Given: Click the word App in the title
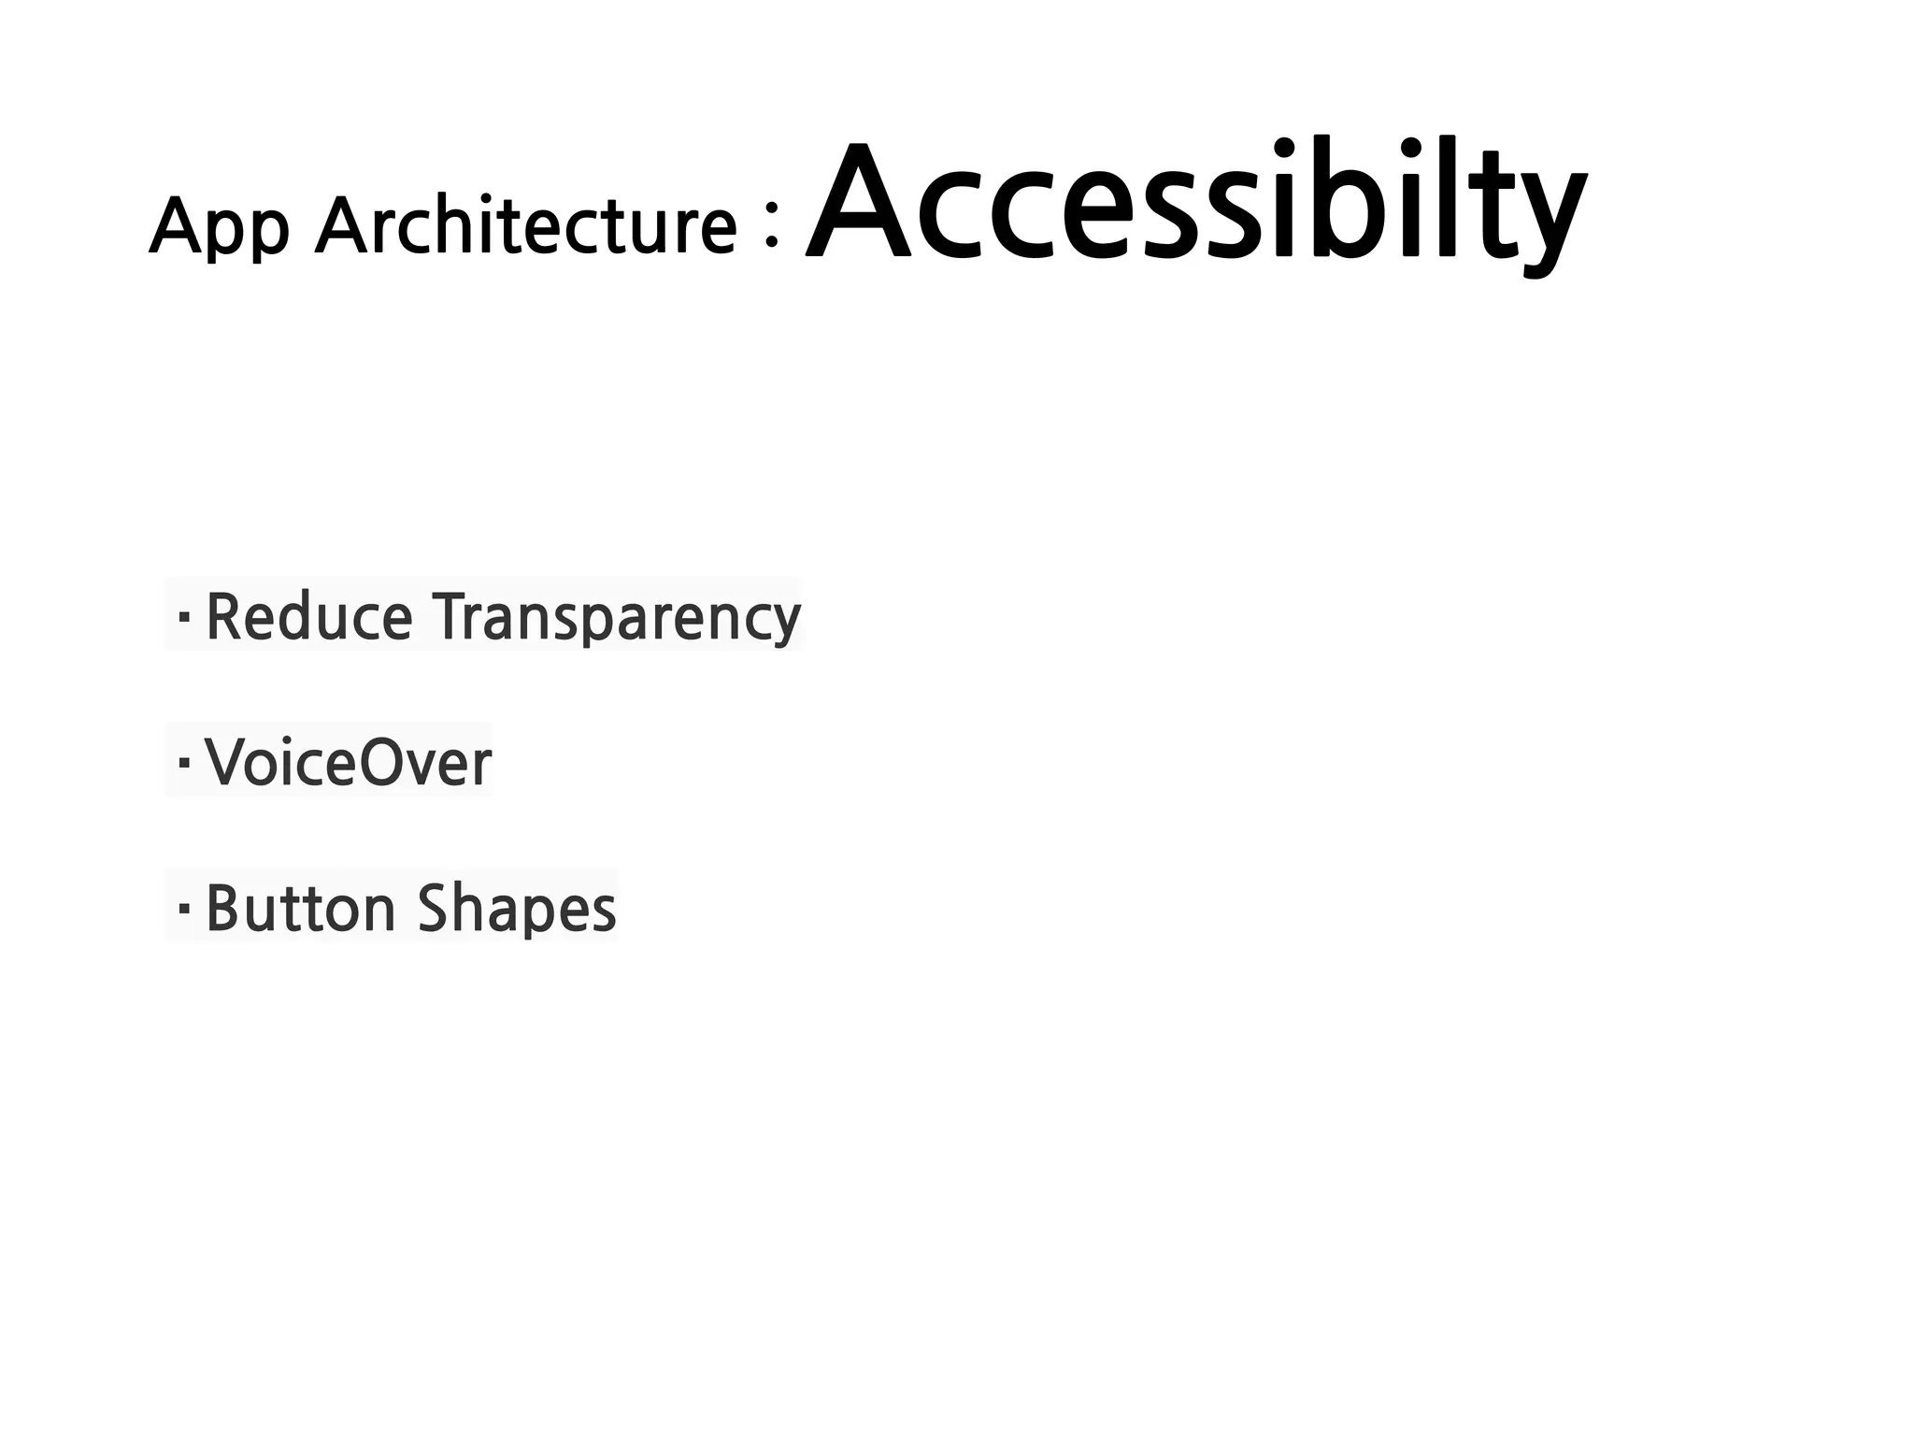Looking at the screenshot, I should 219,226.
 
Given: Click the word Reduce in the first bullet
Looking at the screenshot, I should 308,617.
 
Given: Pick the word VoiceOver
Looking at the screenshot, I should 348,762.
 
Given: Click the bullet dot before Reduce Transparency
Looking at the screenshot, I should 183,617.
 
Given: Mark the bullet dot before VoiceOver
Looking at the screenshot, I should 183,763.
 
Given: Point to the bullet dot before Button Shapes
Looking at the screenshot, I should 183,908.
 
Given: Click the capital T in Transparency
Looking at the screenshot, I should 454,616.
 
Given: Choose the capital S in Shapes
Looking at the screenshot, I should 437,907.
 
